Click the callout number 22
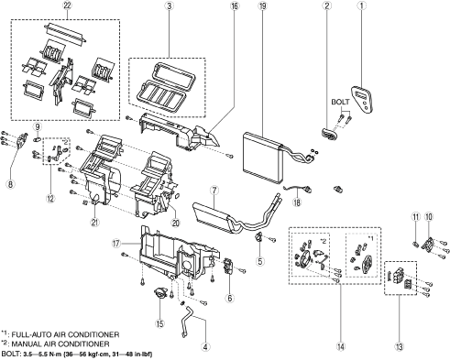(67, 5)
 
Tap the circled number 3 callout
(169, 5)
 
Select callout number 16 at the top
(235, 5)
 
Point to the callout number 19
(262, 5)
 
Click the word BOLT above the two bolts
(340, 102)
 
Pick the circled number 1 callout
(362, 5)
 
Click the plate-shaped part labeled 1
(363, 100)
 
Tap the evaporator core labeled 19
(263, 157)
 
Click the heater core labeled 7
(214, 216)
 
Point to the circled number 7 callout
(214, 191)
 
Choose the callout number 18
(297, 202)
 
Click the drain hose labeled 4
(187, 321)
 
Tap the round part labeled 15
(160, 294)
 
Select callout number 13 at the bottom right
(400, 347)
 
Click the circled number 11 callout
(416, 217)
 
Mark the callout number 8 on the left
(11, 184)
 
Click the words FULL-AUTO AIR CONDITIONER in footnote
(65, 334)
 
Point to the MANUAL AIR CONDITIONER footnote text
(60, 344)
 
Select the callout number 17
(116, 244)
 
